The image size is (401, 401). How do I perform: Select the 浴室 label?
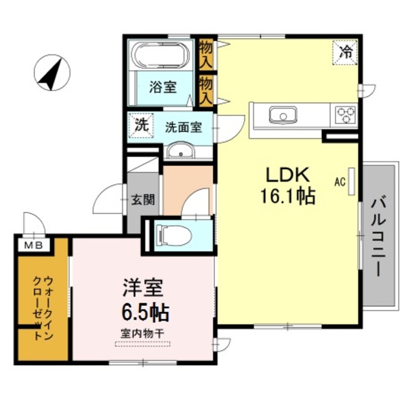(162, 88)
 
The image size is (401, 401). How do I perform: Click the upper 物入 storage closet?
(206, 53)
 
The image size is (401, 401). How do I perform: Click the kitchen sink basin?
(283, 115)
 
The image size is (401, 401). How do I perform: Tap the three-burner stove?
(345, 115)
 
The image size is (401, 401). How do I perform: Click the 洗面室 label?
(183, 127)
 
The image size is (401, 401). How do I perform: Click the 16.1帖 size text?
(288, 197)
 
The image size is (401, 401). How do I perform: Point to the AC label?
(340, 182)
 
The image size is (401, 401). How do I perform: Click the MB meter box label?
(33, 245)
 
